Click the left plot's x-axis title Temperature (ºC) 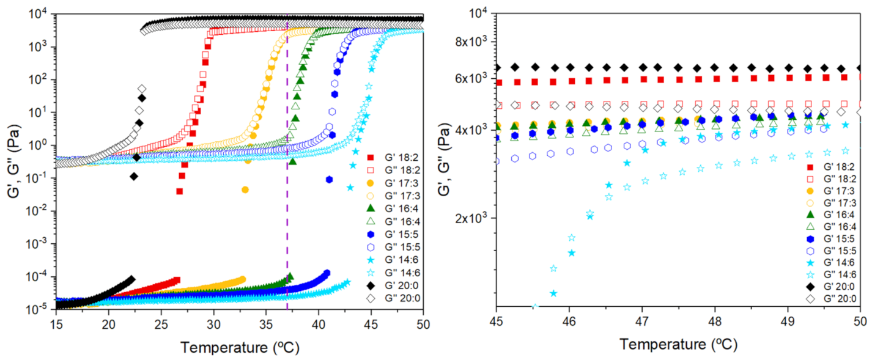click(x=239, y=347)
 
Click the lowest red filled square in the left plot click(x=180, y=191)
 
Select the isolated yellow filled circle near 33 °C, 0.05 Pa click(x=245, y=189)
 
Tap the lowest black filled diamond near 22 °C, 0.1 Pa click(x=134, y=177)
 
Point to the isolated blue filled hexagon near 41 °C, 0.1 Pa click(x=330, y=179)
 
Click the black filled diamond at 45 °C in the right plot click(x=497, y=67)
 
